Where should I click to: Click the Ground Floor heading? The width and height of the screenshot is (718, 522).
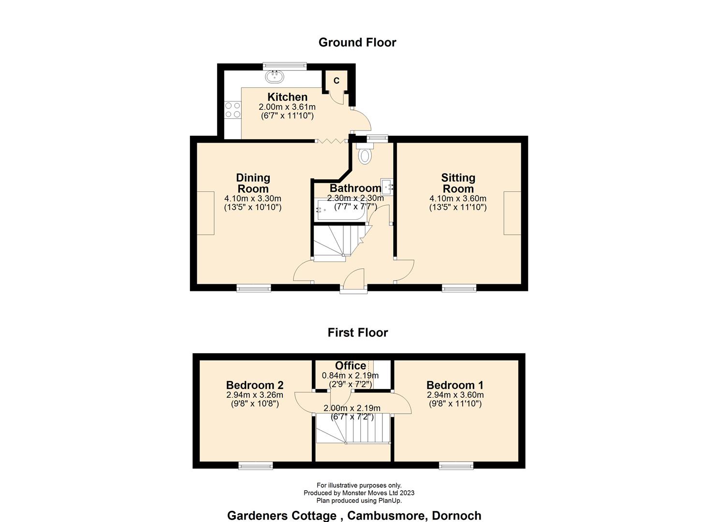(x=357, y=43)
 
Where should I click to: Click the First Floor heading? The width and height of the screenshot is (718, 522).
(x=357, y=333)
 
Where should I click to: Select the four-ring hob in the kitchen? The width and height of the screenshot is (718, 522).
(x=233, y=110)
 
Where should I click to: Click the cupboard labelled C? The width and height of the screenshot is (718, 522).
(x=337, y=80)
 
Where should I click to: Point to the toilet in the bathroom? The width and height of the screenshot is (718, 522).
(x=366, y=156)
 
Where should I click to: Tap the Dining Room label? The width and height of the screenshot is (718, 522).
(x=253, y=183)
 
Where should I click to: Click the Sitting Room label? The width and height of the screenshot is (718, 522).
(x=458, y=183)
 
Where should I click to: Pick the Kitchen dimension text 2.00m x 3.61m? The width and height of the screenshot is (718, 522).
(x=287, y=107)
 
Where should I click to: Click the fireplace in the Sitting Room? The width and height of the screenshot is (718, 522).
(x=512, y=213)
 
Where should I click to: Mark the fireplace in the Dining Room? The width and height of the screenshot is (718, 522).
(x=205, y=213)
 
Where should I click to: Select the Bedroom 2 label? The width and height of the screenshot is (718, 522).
(x=255, y=385)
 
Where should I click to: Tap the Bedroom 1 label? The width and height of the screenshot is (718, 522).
(x=454, y=385)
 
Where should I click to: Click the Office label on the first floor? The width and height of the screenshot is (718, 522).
(x=351, y=366)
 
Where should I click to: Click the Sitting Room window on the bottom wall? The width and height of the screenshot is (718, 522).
(x=459, y=289)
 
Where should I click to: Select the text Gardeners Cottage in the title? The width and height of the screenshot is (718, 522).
(x=282, y=516)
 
